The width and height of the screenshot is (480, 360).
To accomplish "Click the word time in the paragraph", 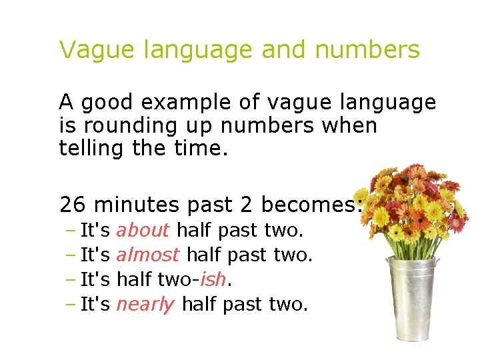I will [204, 148].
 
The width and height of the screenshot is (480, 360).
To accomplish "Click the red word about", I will [143, 231].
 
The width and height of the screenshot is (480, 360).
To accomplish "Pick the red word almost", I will [147, 255].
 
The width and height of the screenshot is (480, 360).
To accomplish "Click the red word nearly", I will [145, 305].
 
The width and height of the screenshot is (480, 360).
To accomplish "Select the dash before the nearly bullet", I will [71, 304].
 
